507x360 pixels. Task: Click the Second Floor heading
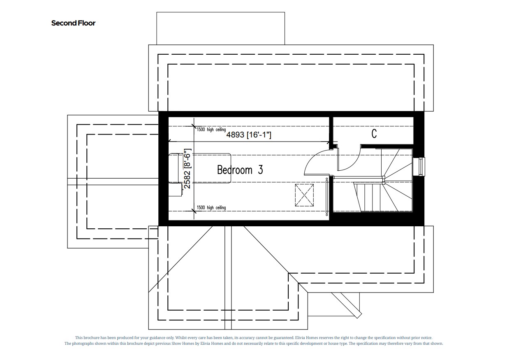pyautogui.click(x=73, y=23)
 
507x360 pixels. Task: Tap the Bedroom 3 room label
pyautogui.click(x=240, y=170)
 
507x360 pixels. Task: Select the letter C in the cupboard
pyautogui.click(x=374, y=134)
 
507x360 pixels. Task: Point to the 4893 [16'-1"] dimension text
pyautogui.click(x=249, y=135)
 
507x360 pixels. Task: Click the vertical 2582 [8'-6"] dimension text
pyautogui.click(x=188, y=169)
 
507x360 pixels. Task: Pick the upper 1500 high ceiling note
pyautogui.click(x=211, y=130)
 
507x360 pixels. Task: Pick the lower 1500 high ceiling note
pyautogui.click(x=211, y=207)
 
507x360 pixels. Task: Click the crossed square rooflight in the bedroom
pyautogui.click(x=304, y=195)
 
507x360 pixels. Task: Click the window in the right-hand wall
pyautogui.click(x=420, y=166)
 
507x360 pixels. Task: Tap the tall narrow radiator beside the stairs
pyautogui.click(x=327, y=197)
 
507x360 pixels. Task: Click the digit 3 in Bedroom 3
pyautogui.click(x=260, y=170)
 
